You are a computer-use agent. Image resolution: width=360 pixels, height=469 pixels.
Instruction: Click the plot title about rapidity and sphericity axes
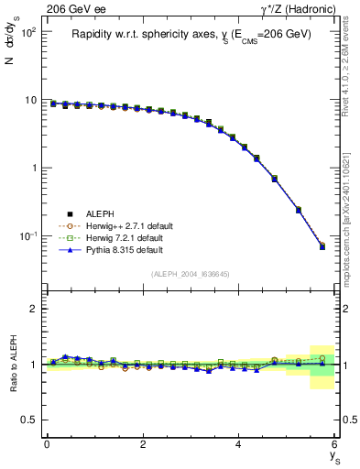pos(191,35)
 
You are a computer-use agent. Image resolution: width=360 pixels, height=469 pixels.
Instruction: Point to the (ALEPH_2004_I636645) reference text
pos(190,273)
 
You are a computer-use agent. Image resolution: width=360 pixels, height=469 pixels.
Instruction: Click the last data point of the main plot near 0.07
pos(322,246)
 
